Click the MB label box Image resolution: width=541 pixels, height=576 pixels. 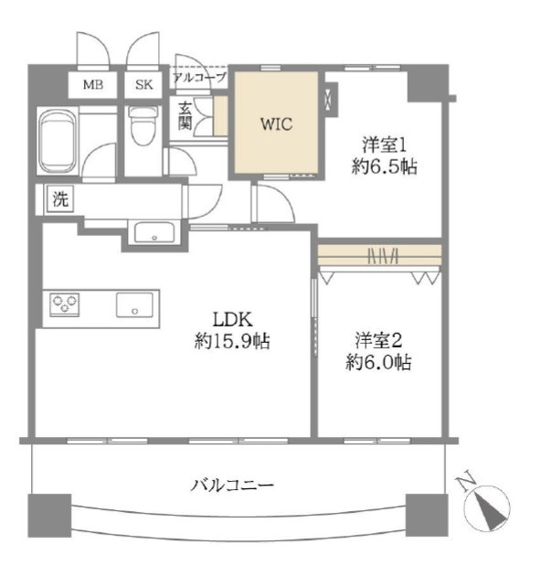click(x=93, y=85)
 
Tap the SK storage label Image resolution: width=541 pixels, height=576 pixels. click(x=143, y=85)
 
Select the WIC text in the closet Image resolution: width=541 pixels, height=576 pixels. click(x=277, y=123)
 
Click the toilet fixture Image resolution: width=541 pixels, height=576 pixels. click(x=143, y=125)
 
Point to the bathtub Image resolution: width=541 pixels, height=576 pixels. click(x=58, y=141)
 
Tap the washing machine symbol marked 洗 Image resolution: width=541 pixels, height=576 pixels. click(x=60, y=198)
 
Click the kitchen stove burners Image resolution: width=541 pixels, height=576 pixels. click(x=65, y=304)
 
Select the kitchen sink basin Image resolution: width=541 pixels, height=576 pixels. click(x=134, y=304)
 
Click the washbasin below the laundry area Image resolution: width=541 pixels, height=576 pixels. click(x=154, y=232)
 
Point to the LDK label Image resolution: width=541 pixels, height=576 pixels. click(x=232, y=320)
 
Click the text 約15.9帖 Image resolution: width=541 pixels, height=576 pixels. click(x=232, y=341)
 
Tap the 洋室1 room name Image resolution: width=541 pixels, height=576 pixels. click(x=384, y=144)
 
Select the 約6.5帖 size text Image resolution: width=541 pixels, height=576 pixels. click(x=384, y=166)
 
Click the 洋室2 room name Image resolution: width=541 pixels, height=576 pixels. click(x=378, y=340)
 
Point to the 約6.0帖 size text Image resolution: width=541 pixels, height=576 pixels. click(x=378, y=363)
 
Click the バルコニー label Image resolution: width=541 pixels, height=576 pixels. click(x=232, y=485)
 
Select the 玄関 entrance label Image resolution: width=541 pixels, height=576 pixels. click(x=185, y=116)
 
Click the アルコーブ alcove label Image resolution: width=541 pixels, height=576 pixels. click(x=199, y=78)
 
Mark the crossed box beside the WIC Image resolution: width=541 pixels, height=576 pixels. click(x=332, y=99)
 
